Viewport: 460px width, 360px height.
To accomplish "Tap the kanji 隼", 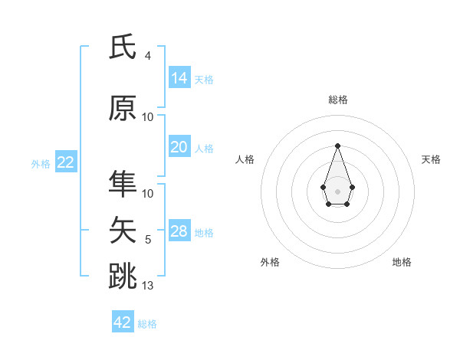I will (123, 183).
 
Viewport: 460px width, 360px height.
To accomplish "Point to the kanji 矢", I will (123, 229).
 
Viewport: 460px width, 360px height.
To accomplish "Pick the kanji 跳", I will (123, 275).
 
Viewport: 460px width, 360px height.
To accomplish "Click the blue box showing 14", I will (179, 78).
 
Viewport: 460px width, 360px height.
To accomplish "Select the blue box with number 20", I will (179, 147).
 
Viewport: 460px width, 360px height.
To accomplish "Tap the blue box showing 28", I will (179, 231).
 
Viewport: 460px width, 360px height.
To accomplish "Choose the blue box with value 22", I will (66, 162).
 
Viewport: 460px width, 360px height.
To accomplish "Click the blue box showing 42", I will (123, 322).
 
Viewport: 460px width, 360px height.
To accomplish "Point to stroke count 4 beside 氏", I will (148, 56).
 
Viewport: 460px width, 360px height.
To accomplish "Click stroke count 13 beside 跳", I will (148, 286).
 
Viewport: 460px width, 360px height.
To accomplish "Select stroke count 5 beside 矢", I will (148, 240).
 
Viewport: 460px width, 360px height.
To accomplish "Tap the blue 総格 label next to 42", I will (147, 324).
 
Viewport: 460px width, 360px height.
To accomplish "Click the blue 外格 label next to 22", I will (41, 163).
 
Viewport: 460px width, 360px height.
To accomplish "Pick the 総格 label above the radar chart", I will (337, 100).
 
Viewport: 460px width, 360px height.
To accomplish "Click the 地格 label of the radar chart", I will (402, 262).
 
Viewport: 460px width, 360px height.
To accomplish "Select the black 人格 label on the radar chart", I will (245, 159).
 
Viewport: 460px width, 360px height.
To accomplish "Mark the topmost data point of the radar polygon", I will (337, 145).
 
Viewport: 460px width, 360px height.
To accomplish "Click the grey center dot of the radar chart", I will (337, 191).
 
